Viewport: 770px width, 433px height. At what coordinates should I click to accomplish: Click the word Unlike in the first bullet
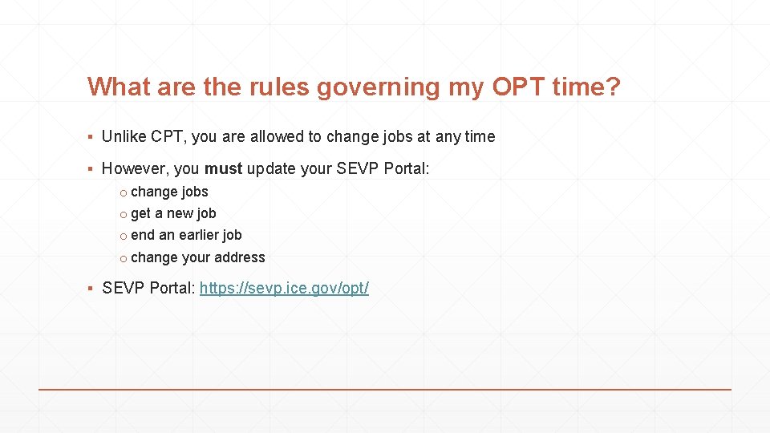124,136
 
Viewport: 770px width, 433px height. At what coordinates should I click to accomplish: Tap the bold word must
223,168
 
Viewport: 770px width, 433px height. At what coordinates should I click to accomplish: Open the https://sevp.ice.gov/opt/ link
284,288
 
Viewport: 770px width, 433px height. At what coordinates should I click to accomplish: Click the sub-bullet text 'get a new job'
173,213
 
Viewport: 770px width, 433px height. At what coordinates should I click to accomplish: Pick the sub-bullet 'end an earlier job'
186,235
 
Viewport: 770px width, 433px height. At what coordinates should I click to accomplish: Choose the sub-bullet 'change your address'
197,257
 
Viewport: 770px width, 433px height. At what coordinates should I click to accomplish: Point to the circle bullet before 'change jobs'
123,192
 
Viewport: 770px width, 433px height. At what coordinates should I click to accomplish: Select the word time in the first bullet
480,136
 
